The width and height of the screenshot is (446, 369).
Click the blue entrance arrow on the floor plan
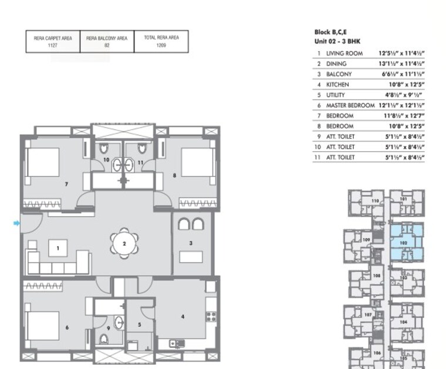pyautogui.click(x=17, y=223)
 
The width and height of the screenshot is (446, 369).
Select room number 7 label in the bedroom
pyautogui.click(x=67, y=183)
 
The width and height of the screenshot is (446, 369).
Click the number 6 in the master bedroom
pyautogui.click(x=66, y=327)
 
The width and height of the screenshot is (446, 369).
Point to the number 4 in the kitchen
pyautogui.click(x=183, y=317)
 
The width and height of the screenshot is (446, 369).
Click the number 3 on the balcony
pyautogui.click(x=190, y=242)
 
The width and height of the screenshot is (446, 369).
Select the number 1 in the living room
pyautogui.click(x=58, y=248)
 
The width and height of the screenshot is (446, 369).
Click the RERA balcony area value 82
pyautogui.click(x=106, y=45)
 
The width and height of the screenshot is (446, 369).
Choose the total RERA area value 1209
pyautogui.click(x=161, y=45)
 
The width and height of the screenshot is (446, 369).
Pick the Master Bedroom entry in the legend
pyautogui.click(x=350, y=105)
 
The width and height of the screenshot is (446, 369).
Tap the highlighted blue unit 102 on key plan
pyautogui.click(x=403, y=241)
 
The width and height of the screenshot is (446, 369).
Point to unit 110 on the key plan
pyautogui.click(x=374, y=201)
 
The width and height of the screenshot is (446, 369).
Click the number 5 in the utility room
pyautogui.click(x=140, y=324)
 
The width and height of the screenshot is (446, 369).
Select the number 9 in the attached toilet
pyautogui.click(x=108, y=329)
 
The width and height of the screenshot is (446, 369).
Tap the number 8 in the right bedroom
pyautogui.click(x=174, y=175)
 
